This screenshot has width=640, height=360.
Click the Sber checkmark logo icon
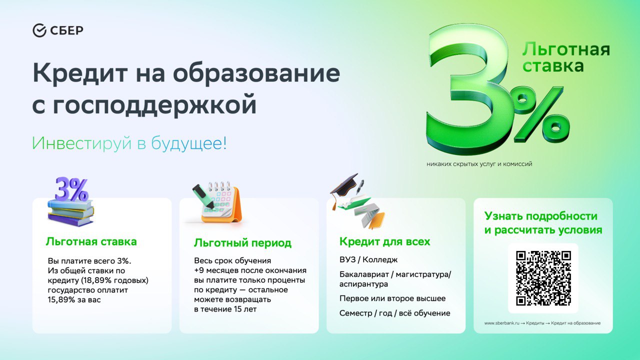coord(39,30)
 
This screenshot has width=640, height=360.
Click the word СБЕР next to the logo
coord(67,30)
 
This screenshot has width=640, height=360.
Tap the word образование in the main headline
coord(256,73)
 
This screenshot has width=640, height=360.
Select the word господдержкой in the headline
coord(154,104)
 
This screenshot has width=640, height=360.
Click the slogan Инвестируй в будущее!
coord(129,143)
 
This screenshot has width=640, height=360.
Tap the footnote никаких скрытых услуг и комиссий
coord(479,164)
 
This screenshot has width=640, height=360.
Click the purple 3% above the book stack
coord(71,189)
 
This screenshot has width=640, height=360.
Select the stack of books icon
coord(70,212)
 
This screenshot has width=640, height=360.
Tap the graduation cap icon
coord(344,188)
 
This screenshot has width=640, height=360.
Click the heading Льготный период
coord(242,243)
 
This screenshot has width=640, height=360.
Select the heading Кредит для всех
coord(384,241)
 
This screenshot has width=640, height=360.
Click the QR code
coord(543,278)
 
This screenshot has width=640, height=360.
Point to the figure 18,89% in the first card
coord(96,280)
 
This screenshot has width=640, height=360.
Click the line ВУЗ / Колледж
coord(368,259)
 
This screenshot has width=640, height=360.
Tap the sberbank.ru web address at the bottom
coord(501,323)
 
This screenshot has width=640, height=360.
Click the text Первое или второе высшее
coord(392,298)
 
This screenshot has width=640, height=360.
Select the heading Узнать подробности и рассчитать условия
coord(543,223)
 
